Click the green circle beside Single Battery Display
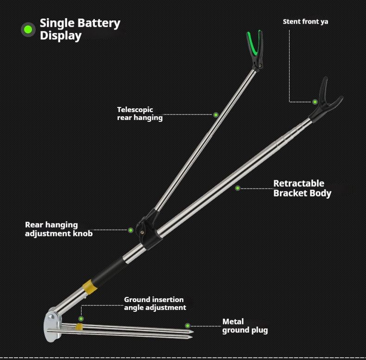pos(28,30)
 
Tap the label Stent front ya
pos(305,22)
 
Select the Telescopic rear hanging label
pos(139,114)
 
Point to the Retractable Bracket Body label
pos(302,189)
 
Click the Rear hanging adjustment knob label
pos(59,229)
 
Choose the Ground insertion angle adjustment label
pos(155,303)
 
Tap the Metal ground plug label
pos(245,326)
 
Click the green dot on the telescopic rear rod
pos(216,114)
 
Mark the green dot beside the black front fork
pos(315,102)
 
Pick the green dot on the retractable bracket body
pos(238,188)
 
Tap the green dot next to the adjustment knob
pos(131,230)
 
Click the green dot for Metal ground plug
pos(188,326)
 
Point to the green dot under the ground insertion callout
pos(81,319)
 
